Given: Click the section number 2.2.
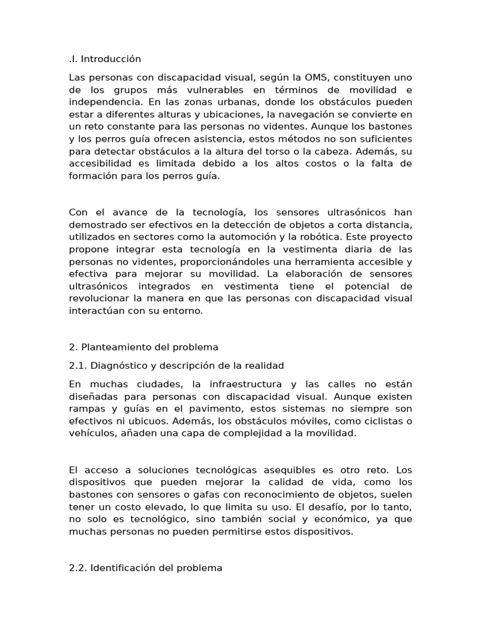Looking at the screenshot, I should pos(77,568).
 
